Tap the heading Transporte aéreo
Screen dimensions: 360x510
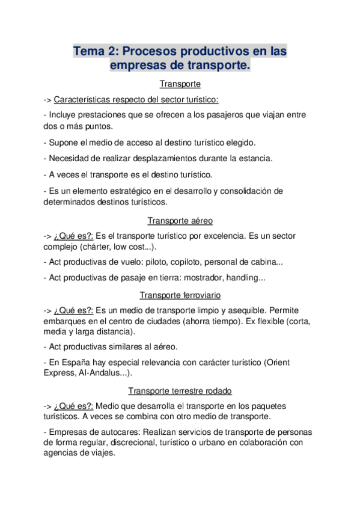tap(180, 221)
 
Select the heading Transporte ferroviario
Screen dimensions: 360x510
tap(180, 295)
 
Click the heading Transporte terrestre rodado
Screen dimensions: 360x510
tap(180, 390)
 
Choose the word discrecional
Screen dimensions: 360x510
tap(147, 443)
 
